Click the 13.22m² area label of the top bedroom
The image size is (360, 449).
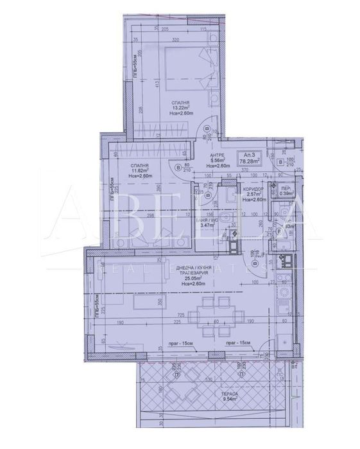(x=180, y=108)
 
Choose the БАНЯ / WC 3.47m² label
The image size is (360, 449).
(x=205, y=222)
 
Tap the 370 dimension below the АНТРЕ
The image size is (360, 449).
(x=227, y=169)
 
